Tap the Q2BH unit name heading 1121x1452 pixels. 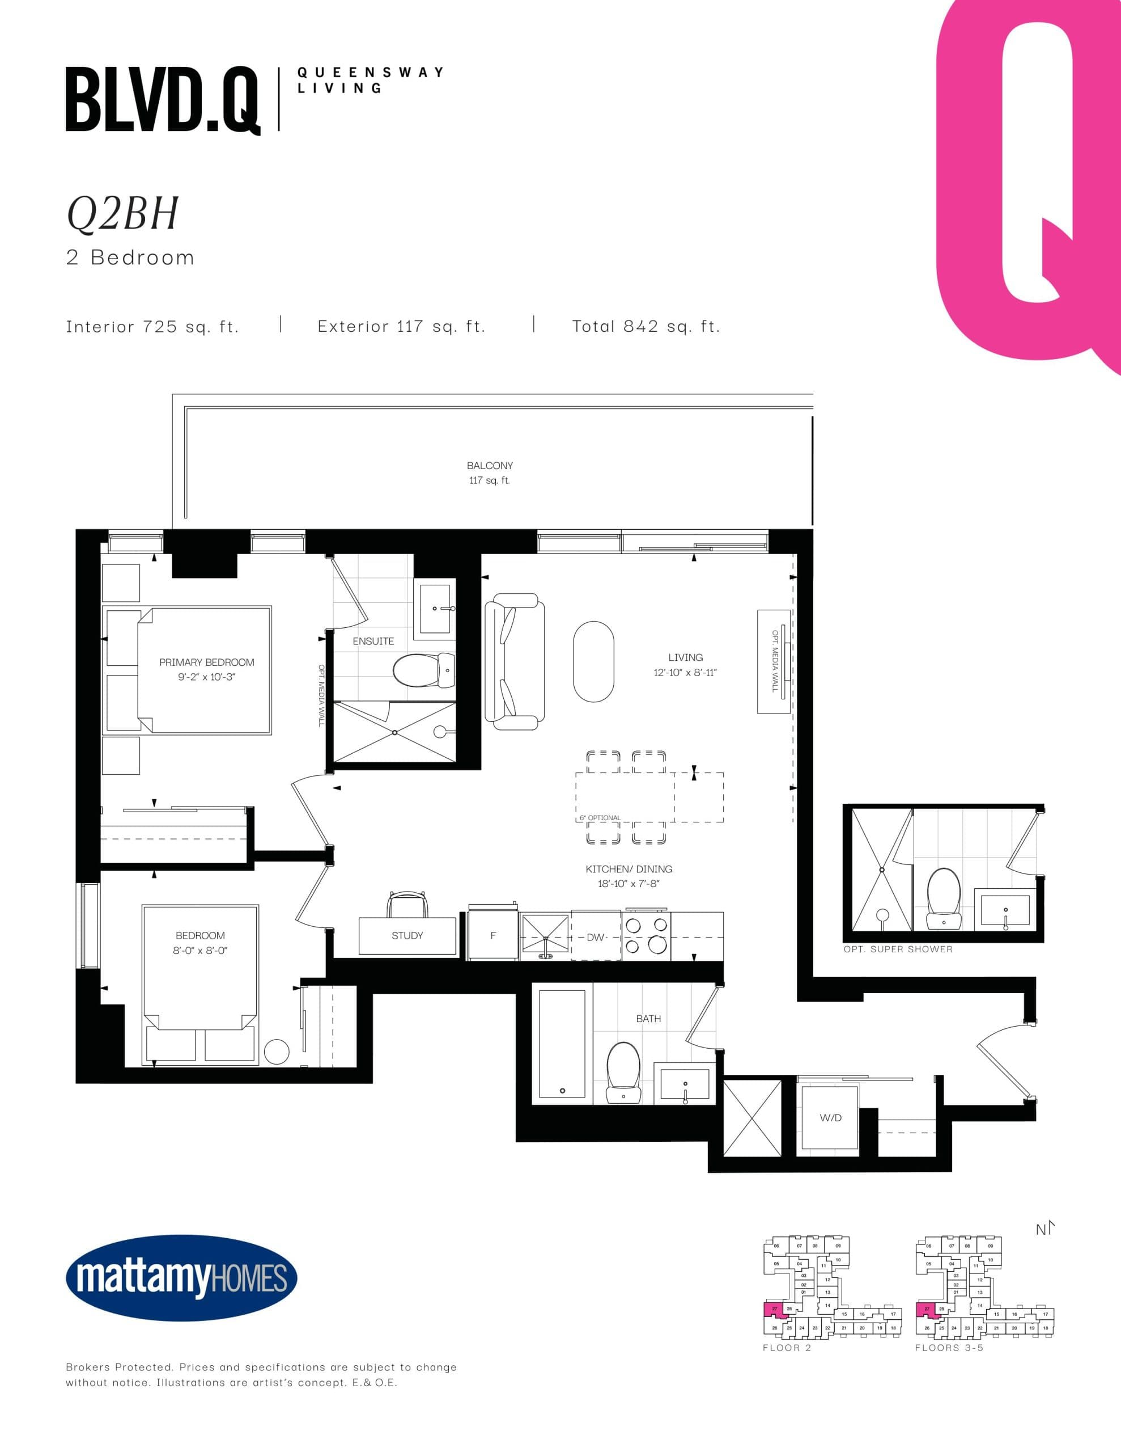point(123,214)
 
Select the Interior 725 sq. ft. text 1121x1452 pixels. point(152,327)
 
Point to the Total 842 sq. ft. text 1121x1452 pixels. point(646,327)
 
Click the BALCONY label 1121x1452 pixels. point(490,466)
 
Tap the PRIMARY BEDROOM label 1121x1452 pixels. point(207,662)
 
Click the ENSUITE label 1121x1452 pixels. point(373,641)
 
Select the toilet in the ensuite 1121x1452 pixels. point(422,670)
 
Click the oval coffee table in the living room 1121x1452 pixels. point(593,661)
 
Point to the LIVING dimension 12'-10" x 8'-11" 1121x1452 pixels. point(685,672)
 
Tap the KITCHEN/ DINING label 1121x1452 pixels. point(629,869)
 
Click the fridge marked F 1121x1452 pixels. point(493,935)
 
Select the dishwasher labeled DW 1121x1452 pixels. point(596,937)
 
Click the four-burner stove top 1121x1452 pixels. point(646,935)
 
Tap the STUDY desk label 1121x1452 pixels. point(407,935)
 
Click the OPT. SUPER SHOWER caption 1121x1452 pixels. point(898,949)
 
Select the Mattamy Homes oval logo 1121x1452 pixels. point(181,1278)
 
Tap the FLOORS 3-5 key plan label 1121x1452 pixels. point(949,1348)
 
